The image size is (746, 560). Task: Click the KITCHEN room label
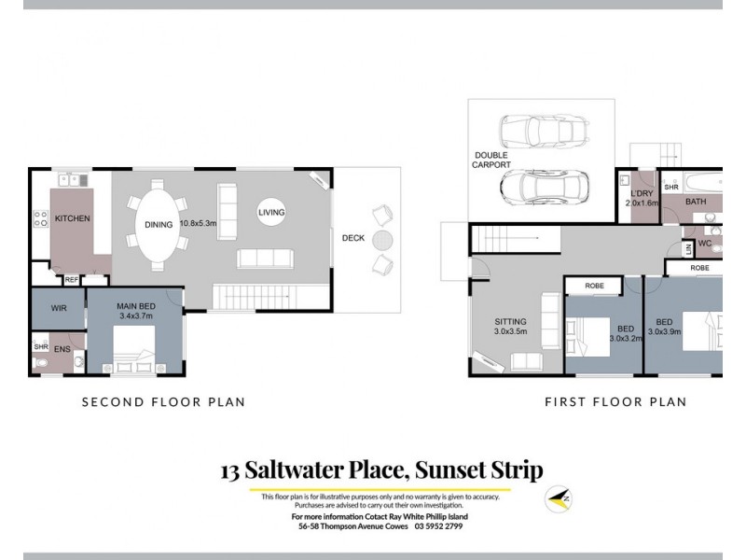click(72, 218)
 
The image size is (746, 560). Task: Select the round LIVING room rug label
click(271, 213)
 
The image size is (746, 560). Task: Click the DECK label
click(353, 238)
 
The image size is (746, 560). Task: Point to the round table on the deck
click(382, 240)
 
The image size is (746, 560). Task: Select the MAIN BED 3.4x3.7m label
click(134, 311)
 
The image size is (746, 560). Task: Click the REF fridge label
click(72, 279)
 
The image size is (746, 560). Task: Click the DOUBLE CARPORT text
click(491, 160)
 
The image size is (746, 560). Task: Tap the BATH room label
click(696, 202)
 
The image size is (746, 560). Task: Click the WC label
click(706, 244)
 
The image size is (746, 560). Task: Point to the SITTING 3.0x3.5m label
click(510, 326)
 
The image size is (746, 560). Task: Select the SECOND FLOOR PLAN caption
click(163, 402)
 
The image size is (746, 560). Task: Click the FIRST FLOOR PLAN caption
click(615, 402)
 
